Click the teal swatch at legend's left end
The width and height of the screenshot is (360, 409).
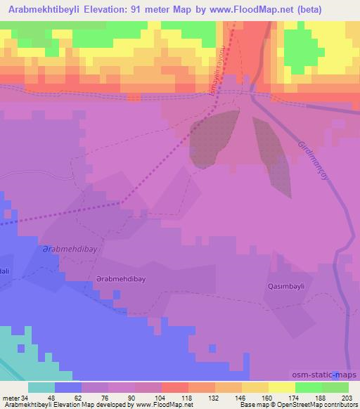(41, 387)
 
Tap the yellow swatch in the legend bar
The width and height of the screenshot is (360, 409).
(282, 387)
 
